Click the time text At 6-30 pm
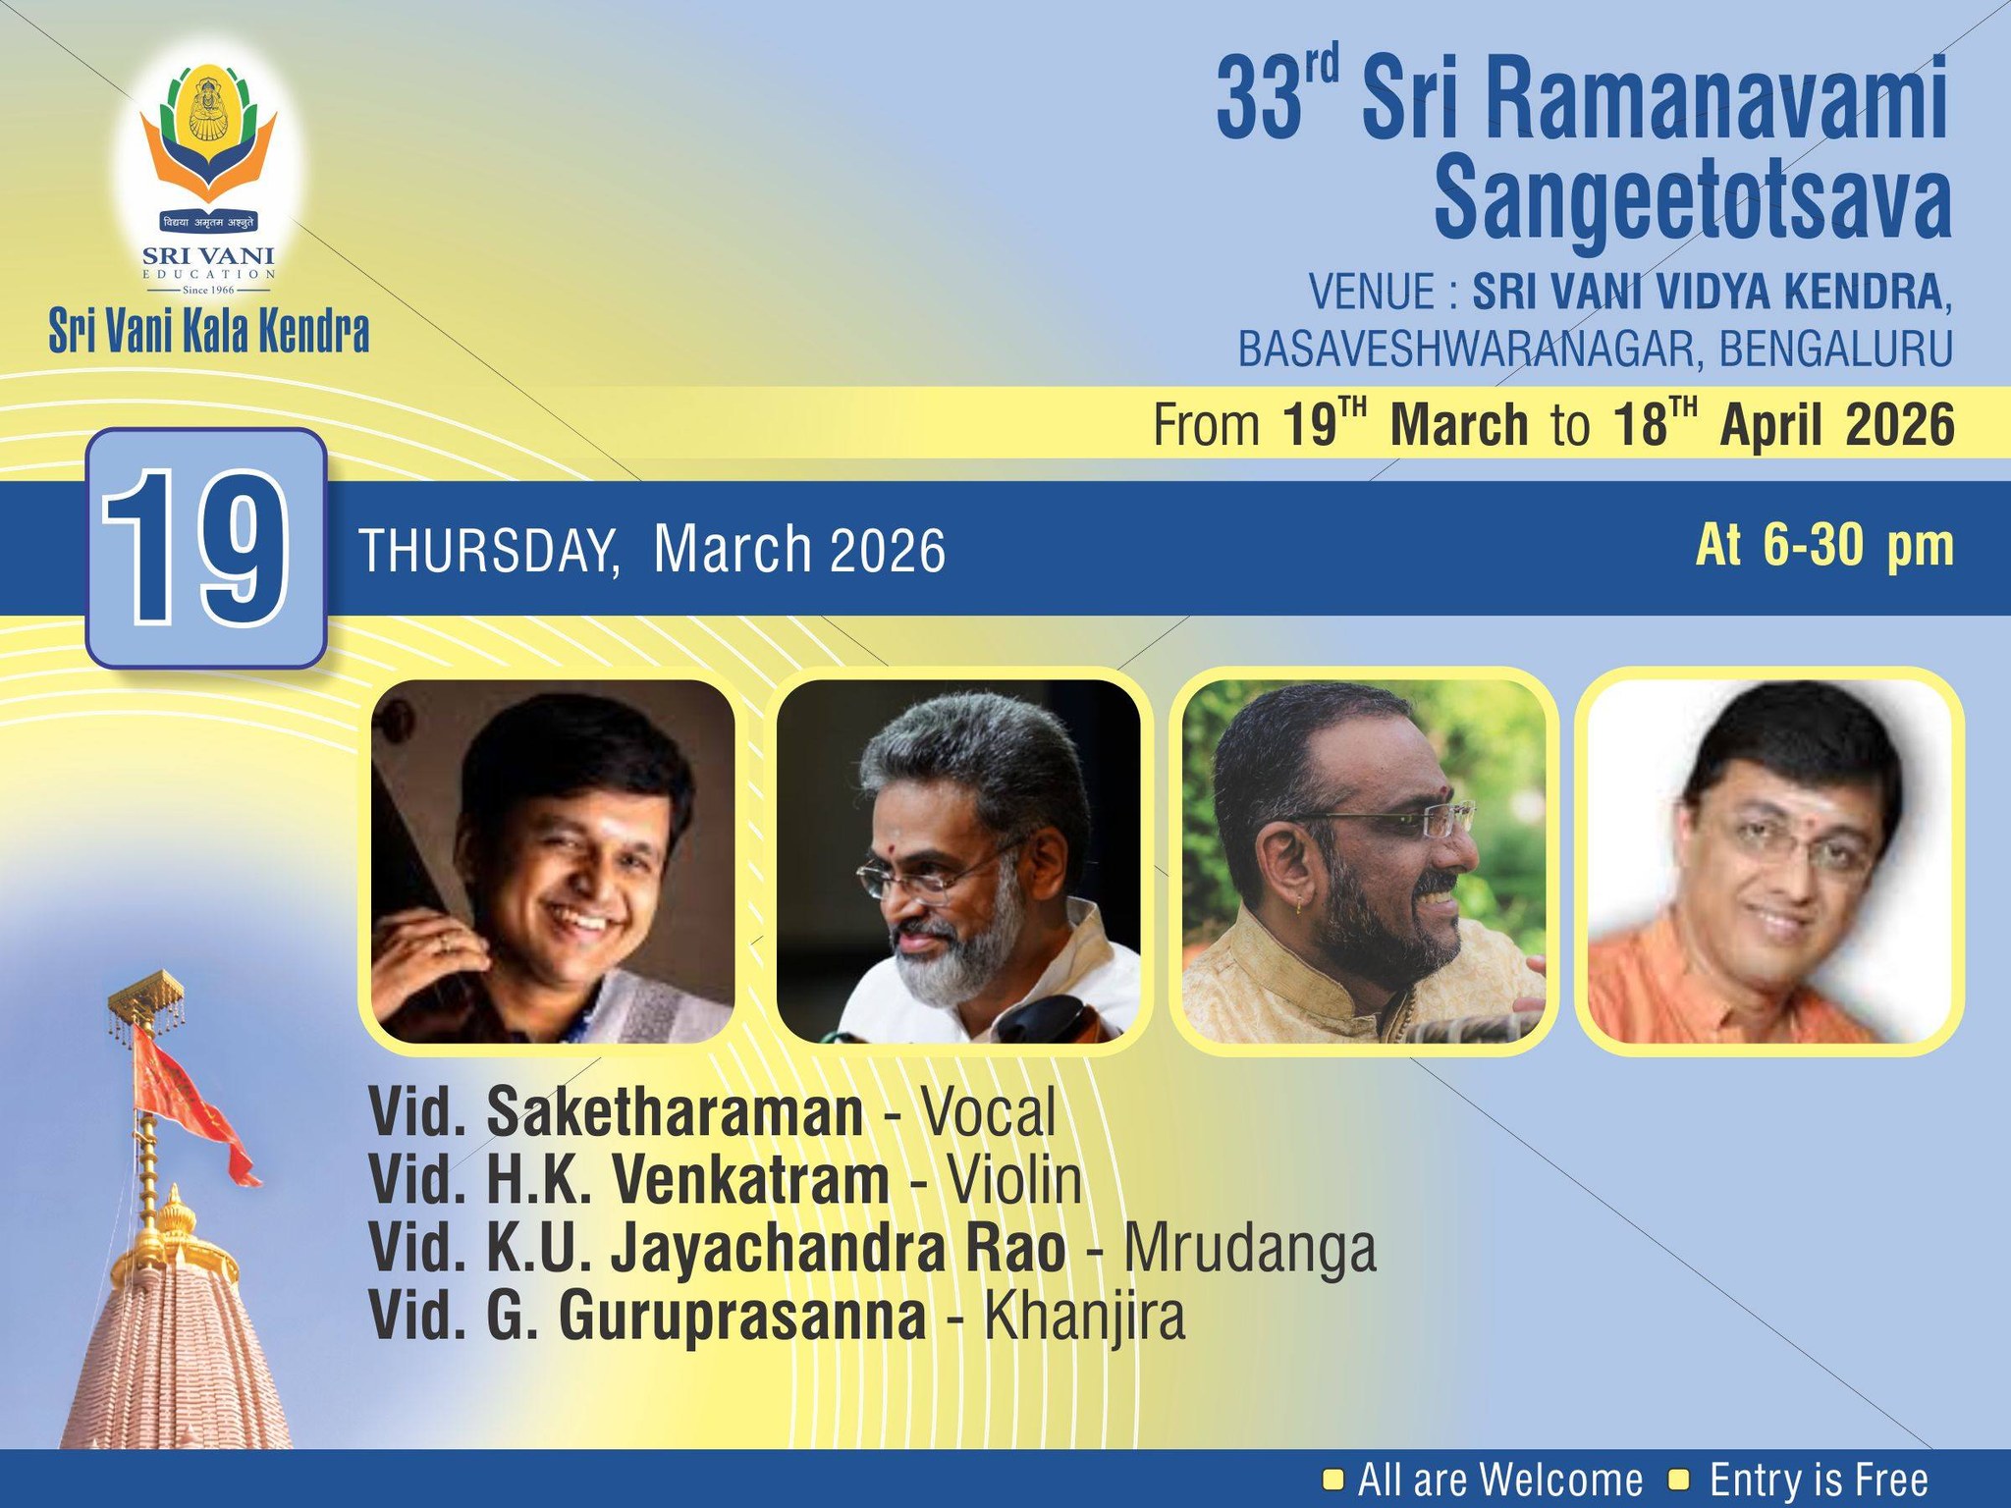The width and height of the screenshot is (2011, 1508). click(1824, 546)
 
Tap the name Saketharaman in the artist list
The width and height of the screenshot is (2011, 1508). click(675, 1111)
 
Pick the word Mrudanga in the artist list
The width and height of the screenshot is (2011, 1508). click(1249, 1248)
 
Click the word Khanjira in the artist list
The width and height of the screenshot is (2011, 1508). click(1084, 1317)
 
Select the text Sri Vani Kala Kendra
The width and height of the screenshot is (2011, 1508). click(209, 332)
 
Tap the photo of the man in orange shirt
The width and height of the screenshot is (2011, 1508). click(1768, 861)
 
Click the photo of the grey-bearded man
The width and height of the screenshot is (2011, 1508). click(958, 861)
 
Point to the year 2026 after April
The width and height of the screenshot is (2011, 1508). click(1900, 425)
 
